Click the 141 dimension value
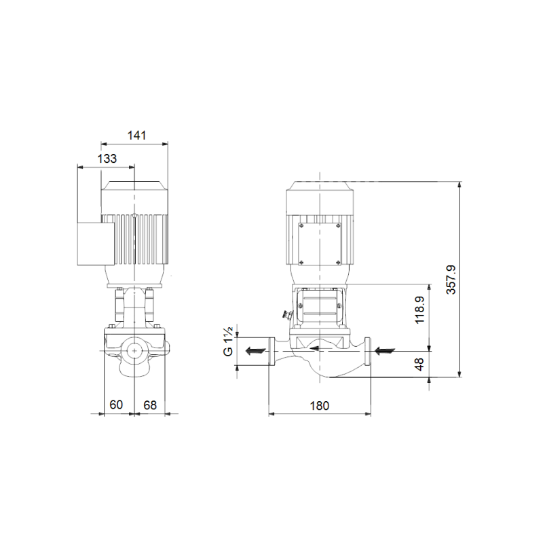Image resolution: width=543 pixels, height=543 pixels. [x=137, y=135]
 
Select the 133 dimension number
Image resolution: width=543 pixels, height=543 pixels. [x=107, y=159]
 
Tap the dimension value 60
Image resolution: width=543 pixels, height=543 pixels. [x=116, y=405]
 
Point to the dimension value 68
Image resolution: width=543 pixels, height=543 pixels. [x=150, y=405]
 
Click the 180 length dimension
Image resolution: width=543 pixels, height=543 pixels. [x=319, y=405]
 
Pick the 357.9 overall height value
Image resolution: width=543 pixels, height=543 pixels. [x=451, y=280]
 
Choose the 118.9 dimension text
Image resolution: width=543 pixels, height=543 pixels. [x=419, y=310]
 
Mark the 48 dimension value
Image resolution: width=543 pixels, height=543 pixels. [x=419, y=364]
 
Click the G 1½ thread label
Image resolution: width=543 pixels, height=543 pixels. [x=228, y=341]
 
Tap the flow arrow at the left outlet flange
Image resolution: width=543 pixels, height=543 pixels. [x=255, y=351]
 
